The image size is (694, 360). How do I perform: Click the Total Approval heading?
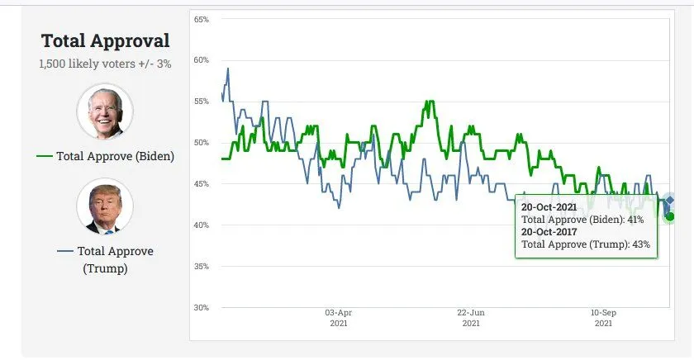[x=105, y=41]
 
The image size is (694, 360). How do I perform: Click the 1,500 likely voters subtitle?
[x=105, y=64]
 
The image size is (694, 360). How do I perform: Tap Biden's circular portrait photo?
[x=105, y=111]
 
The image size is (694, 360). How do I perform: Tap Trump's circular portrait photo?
[x=105, y=206]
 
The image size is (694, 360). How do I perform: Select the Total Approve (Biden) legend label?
[x=115, y=156]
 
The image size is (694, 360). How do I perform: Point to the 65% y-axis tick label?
[x=202, y=19]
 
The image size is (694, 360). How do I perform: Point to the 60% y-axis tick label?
[x=202, y=60]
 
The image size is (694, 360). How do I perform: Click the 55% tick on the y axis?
[x=202, y=102]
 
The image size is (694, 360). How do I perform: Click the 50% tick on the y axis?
[x=202, y=143]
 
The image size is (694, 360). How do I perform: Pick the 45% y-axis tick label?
[x=202, y=184]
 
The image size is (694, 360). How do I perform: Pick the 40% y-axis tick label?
[x=202, y=225]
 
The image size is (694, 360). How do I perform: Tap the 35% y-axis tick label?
[x=202, y=267]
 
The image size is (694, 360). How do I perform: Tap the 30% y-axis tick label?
[x=202, y=308]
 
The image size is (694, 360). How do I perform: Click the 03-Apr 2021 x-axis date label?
[x=338, y=318]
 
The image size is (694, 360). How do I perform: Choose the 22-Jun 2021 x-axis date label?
[x=471, y=318]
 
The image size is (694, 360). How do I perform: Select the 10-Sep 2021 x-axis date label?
[x=603, y=318]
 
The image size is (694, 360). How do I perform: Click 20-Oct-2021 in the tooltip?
[x=549, y=207]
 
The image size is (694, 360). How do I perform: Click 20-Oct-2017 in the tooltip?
[x=549, y=232]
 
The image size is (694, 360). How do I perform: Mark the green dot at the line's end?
[x=670, y=216]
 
